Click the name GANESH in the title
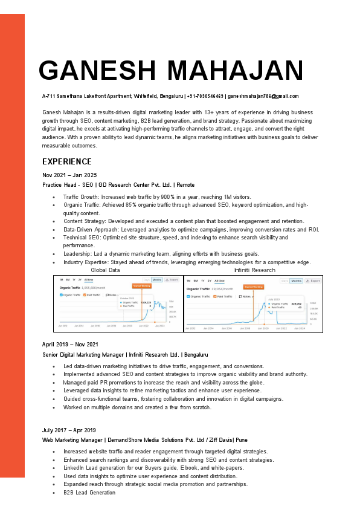point(97,71)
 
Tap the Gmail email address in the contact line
point(263,96)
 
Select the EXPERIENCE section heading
point(66,161)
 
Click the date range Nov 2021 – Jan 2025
point(69,175)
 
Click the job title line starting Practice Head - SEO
point(118,184)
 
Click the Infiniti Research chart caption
point(254,270)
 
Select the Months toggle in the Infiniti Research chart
point(296,280)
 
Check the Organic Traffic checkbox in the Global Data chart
point(61,295)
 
